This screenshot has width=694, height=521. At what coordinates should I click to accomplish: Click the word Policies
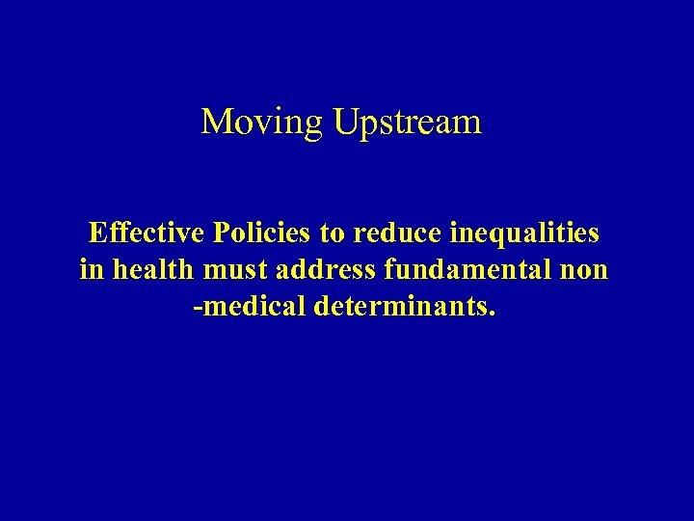(x=262, y=233)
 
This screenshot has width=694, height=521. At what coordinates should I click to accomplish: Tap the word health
(x=153, y=270)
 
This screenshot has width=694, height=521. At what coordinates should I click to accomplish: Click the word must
(x=228, y=271)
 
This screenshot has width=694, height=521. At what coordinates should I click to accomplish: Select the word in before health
(x=92, y=270)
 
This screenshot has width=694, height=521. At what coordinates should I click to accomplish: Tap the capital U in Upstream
(x=345, y=123)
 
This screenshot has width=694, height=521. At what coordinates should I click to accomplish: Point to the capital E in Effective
(x=95, y=233)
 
